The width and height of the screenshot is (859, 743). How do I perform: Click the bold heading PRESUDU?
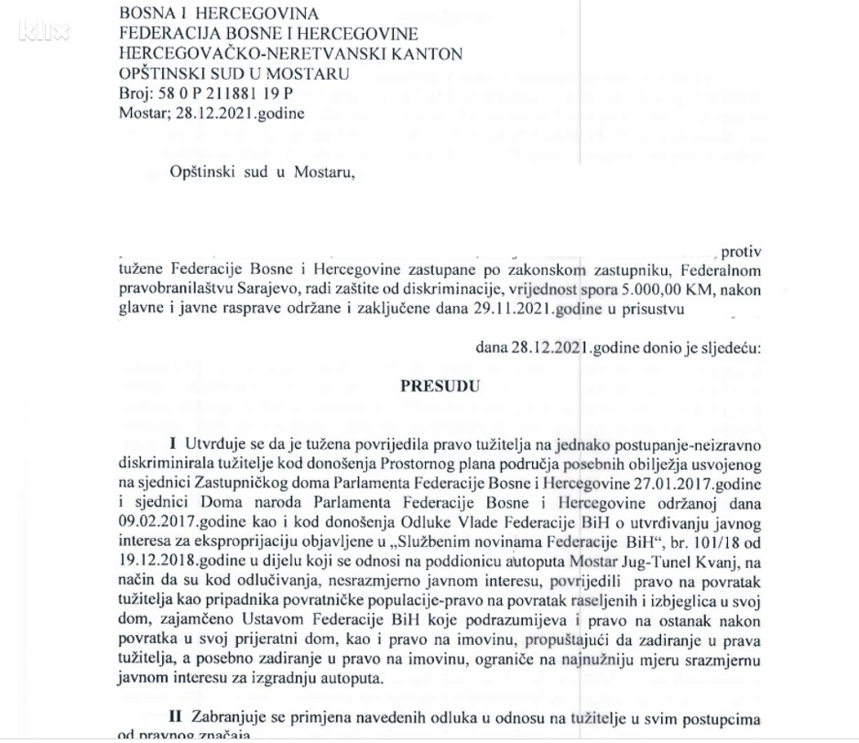coord(440,387)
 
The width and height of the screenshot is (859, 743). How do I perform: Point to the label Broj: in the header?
coord(136,93)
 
